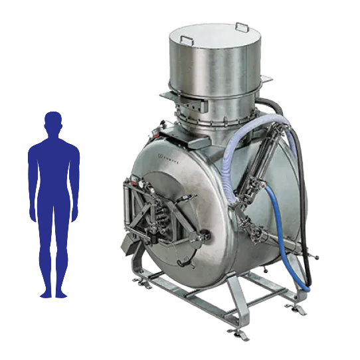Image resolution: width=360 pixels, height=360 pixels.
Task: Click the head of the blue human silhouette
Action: [53, 123]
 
